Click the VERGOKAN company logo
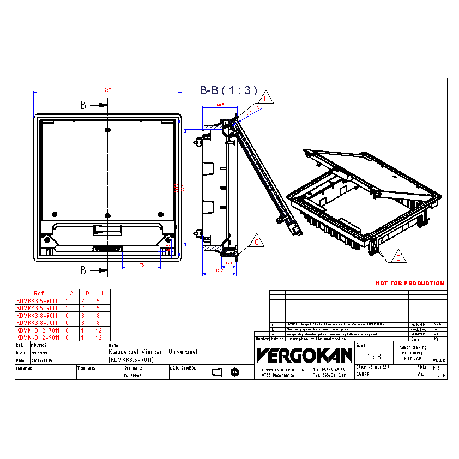click(304, 355)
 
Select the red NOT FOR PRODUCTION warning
click(409, 283)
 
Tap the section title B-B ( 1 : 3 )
click(228, 91)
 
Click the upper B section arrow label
click(83, 104)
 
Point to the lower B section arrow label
click(83, 270)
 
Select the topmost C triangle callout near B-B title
click(265, 99)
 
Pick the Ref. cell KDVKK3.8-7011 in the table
click(37, 315)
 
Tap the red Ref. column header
click(39, 293)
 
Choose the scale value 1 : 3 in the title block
click(373, 357)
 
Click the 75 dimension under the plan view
click(142, 265)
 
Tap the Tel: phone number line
click(329, 370)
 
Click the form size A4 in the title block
click(420, 375)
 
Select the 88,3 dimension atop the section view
click(220, 104)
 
